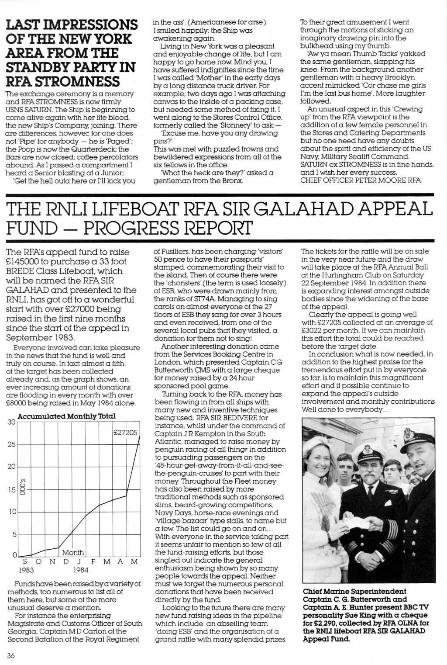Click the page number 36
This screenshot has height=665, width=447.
(11, 654)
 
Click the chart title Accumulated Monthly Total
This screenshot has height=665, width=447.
(67, 416)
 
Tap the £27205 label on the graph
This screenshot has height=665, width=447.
(125, 433)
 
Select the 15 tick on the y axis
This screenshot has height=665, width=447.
(11, 490)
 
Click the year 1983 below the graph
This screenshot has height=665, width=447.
(26, 570)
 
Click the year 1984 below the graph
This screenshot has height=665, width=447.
(81, 570)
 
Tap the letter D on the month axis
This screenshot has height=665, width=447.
(66, 562)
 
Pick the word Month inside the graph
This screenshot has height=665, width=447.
(73, 553)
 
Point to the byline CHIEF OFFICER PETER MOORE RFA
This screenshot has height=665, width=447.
(361, 180)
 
